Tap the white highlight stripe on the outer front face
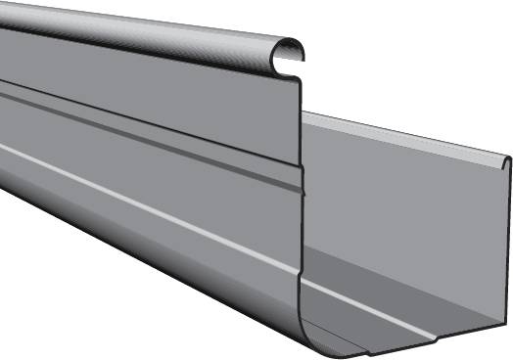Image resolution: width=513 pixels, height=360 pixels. [147, 201]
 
